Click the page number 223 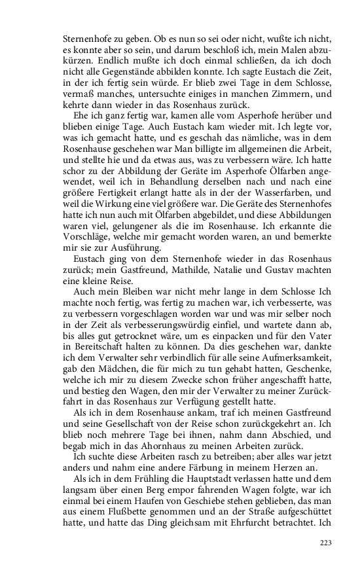(x=327, y=543)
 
